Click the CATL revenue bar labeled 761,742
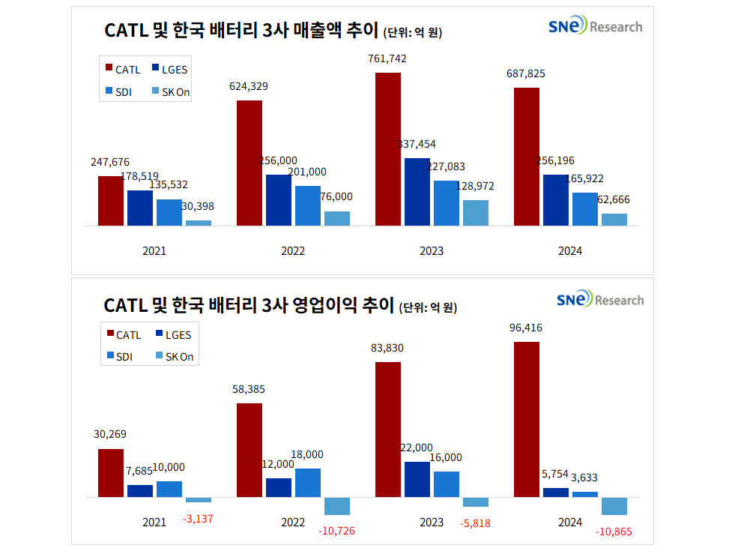(388, 149)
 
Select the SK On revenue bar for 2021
(199, 223)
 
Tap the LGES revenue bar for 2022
(279, 200)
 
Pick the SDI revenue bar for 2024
(585, 209)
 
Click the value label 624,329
(249, 86)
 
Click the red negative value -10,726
(336, 531)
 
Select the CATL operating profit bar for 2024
(527, 419)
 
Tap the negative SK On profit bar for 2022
(336, 506)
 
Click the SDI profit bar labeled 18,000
(308, 483)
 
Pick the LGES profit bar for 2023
(417, 479)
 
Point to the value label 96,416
(526, 328)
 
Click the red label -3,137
(198, 518)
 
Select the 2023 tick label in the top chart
(432, 251)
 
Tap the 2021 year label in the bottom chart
(154, 522)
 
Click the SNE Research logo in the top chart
(595, 27)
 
